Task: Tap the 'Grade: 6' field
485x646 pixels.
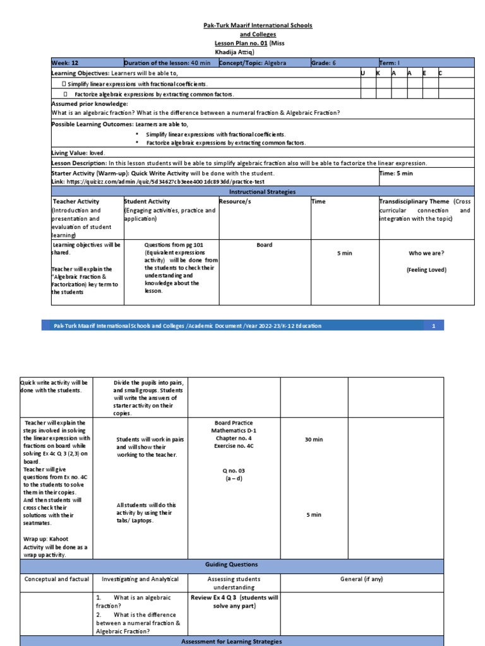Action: click(x=324, y=63)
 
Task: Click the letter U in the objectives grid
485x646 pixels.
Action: click(x=362, y=73)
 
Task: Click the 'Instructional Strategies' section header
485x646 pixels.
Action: click(x=261, y=191)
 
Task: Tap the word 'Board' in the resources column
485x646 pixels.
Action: click(x=265, y=245)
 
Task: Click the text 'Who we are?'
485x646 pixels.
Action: click(x=426, y=253)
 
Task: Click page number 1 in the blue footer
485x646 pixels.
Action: click(x=434, y=326)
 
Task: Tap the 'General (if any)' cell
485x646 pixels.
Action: click(x=361, y=578)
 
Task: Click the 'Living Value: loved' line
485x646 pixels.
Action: click(x=78, y=153)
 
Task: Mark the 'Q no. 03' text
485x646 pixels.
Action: click(x=234, y=470)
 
